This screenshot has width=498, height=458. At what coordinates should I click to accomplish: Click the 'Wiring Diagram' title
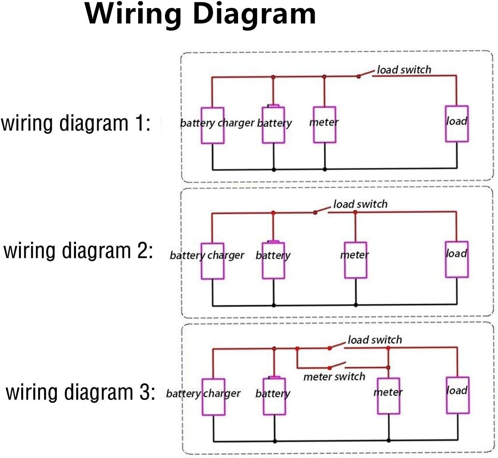coord(200,15)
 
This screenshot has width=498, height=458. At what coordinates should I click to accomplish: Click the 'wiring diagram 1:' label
coord(76,123)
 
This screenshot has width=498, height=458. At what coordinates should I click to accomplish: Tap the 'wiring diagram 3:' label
coord(80,392)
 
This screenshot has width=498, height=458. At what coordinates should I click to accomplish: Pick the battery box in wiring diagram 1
coord(263,125)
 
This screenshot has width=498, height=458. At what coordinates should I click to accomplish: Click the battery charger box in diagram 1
coord(201,126)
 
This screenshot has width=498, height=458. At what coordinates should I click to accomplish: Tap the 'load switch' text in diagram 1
coord(404,70)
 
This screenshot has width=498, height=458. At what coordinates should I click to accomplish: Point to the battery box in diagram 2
coord(263,260)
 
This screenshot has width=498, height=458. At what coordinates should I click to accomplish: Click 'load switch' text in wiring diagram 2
coord(361,204)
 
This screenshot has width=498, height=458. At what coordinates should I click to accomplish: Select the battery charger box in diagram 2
coord(201,261)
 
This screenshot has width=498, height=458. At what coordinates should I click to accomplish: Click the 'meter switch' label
coord(334,377)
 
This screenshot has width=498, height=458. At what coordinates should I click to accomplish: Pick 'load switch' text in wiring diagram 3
coord(375,340)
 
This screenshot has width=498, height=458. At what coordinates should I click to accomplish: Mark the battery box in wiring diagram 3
coord(264,397)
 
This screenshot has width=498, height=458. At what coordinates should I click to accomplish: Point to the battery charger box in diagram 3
coord(202,397)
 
